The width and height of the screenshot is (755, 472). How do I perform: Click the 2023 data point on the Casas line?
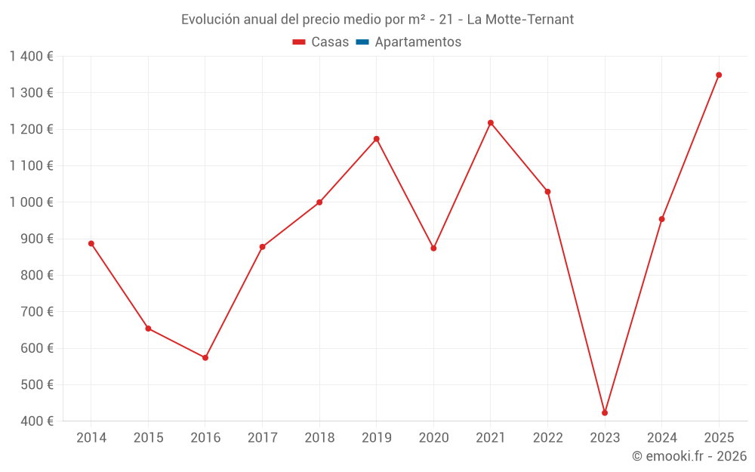coord(605,413)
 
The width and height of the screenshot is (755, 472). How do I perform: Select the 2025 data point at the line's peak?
coord(719,75)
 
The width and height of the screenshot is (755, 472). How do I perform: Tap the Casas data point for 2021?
coord(491,123)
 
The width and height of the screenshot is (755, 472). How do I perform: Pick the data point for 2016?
coord(205,358)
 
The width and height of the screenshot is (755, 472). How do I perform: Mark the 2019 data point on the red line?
coord(377,139)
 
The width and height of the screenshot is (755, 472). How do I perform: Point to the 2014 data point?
coord(91,244)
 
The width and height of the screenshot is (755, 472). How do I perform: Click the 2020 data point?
coord(433,248)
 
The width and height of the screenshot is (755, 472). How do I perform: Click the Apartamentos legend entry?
coord(418,42)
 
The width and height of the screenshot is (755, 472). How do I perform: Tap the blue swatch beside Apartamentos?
coord(362,42)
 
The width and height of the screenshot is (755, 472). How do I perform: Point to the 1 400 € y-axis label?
coord(31,57)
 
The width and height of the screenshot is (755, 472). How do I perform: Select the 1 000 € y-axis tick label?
coord(31,202)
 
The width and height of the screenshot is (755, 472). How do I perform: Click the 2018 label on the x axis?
coord(319,438)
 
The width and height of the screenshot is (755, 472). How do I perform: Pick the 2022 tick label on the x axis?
coord(547,438)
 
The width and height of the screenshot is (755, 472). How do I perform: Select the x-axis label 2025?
coord(719,438)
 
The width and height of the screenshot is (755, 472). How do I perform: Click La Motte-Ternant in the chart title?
coord(520,20)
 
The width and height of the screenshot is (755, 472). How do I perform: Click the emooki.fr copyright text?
coord(689,456)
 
